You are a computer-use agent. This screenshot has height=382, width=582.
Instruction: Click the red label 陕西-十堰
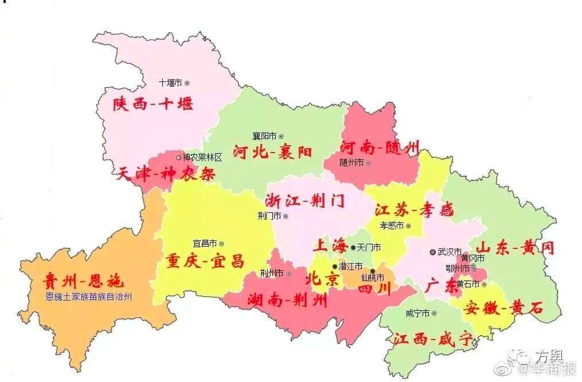tap(153, 104)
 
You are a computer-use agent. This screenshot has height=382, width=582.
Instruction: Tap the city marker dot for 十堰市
tap(187, 83)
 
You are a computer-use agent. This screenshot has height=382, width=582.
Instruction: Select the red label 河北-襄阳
tap(273, 152)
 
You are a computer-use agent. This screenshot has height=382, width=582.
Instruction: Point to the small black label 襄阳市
tap(264, 136)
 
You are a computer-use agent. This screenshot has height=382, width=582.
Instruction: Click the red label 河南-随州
tap(380, 147)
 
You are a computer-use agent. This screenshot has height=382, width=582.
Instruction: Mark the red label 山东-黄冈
tap(516, 248)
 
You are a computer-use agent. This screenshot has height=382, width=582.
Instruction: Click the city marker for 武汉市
tap(432, 252)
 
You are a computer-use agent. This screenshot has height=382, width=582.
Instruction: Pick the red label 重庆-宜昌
tap(205, 262)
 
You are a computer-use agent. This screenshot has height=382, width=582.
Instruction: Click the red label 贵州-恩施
tap(83, 282)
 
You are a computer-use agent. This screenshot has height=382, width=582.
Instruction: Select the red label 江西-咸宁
tap(433, 339)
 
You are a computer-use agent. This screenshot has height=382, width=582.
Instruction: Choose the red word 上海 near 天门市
tap(329, 246)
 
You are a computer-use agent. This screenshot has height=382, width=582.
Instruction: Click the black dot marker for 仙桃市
tap(372, 271)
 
